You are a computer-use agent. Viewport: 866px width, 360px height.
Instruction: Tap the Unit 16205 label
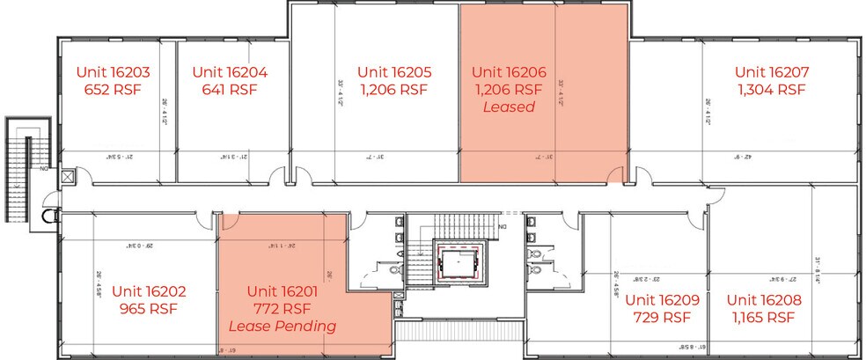[x=393, y=72]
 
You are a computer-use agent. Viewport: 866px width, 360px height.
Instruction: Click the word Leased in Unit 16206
[x=508, y=107]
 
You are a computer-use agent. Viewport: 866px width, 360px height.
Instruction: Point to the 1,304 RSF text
[x=772, y=90]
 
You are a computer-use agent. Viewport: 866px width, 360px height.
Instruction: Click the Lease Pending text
[x=282, y=327]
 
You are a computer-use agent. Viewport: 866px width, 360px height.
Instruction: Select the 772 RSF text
[x=282, y=309]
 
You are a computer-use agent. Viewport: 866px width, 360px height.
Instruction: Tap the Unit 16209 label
[x=662, y=299]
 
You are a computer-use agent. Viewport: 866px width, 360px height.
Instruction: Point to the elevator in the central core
[x=460, y=263]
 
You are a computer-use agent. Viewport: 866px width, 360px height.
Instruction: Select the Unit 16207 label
[x=772, y=72]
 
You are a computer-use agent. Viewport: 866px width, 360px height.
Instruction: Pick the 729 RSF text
[x=662, y=317]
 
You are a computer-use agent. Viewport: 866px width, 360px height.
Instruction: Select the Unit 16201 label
[x=282, y=291]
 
